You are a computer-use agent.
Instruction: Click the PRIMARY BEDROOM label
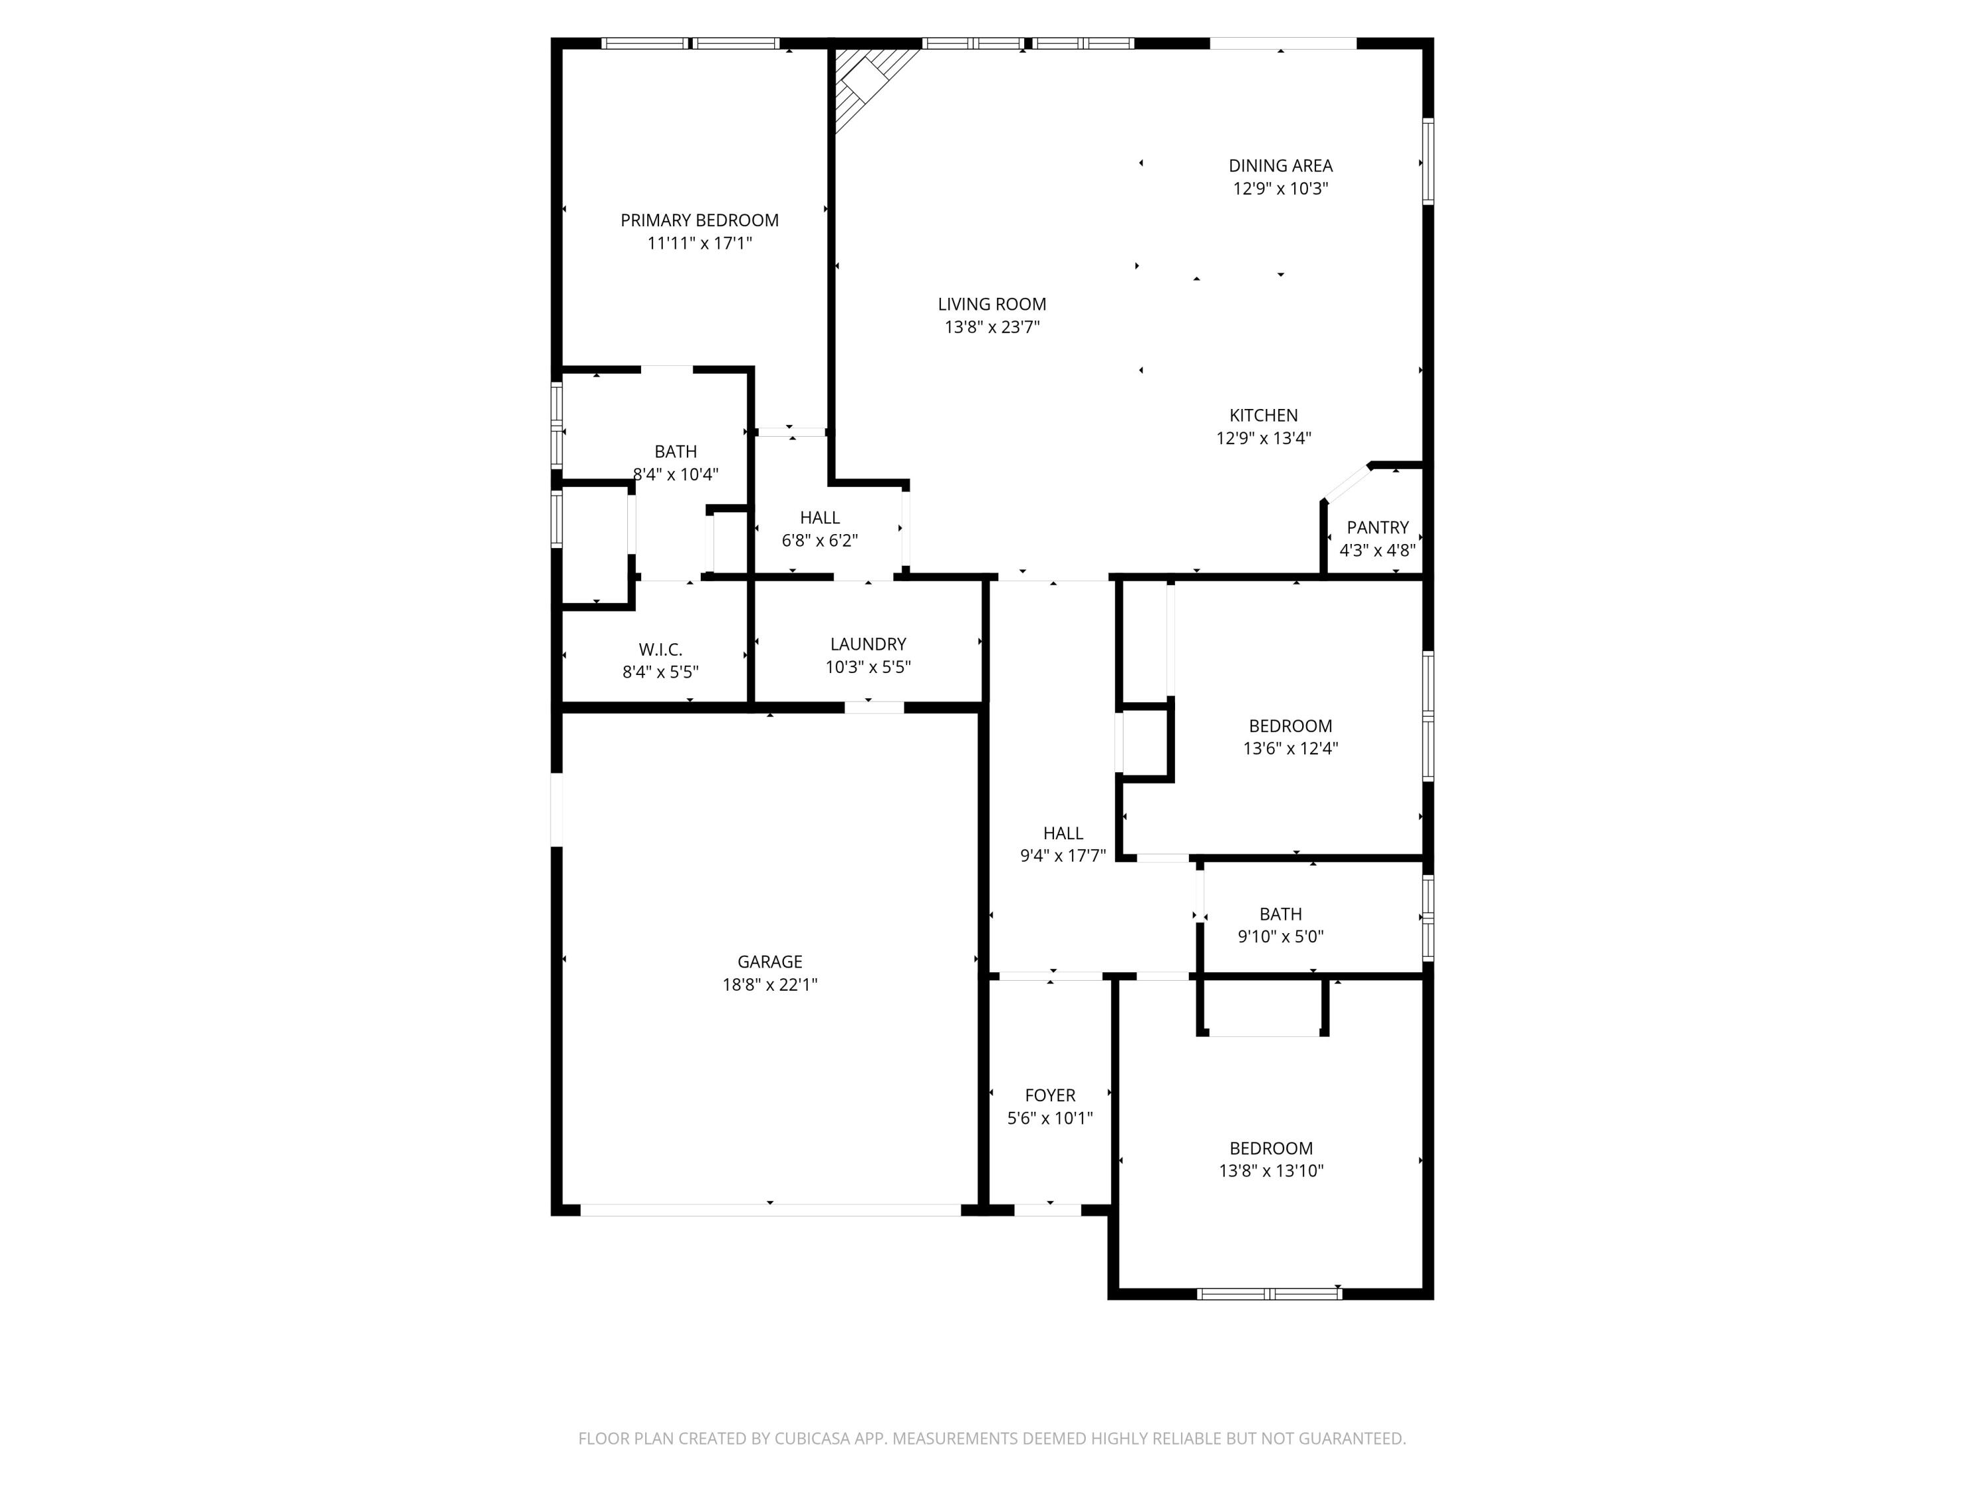click(699, 220)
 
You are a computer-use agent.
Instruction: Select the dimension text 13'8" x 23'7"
click(992, 328)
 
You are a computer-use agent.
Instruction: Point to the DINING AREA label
click(1280, 165)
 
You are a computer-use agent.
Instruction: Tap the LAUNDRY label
click(867, 643)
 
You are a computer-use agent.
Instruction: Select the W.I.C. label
click(660, 649)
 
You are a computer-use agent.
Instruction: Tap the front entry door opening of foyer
click(1047, 1210)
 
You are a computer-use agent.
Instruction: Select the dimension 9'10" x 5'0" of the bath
click(1280, 937)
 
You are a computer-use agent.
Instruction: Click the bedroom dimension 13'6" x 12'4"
click(1290, 748)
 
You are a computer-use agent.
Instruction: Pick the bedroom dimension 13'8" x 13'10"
click(1270, 1171)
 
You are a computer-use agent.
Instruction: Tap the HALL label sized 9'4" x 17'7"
click(1063, 833)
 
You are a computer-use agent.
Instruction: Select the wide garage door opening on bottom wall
click(770, 1210)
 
